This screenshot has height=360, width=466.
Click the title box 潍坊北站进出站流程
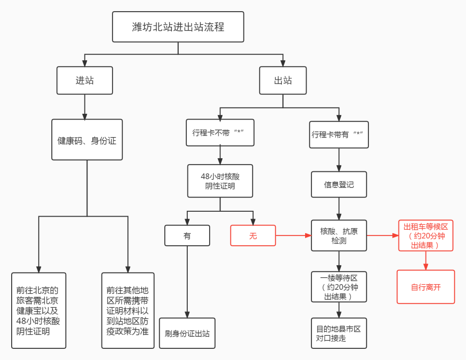pos(178,27)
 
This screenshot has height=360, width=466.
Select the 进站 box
pos(85,80)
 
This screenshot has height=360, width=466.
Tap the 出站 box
pos(283,80)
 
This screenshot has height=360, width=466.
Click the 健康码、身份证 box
pos(87,140)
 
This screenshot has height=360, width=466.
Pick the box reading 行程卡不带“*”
pos(220,133)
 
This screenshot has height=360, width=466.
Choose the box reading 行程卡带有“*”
pos(339,135)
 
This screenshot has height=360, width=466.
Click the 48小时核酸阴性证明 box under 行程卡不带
pos(220,181)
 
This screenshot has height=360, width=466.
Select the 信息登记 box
pos(339,185)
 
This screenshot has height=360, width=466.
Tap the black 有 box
pos(187,235)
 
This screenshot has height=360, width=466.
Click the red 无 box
pos(253,235)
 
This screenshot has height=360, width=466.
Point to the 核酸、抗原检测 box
pos(339,235)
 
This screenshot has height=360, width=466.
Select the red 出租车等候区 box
pos(425,235)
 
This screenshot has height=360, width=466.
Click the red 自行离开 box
pos(425,287)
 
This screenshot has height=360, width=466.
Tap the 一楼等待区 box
pos(339,287)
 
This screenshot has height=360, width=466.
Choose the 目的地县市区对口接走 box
pos(339,333)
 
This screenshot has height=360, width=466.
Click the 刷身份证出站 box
pos(187,333)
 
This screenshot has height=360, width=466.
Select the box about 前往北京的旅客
pos(38,310)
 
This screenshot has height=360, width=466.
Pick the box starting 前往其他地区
pos(128,310)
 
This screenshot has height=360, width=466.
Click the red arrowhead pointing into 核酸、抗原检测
pos(308,235)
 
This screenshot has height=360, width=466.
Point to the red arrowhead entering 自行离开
pos(425,267)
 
